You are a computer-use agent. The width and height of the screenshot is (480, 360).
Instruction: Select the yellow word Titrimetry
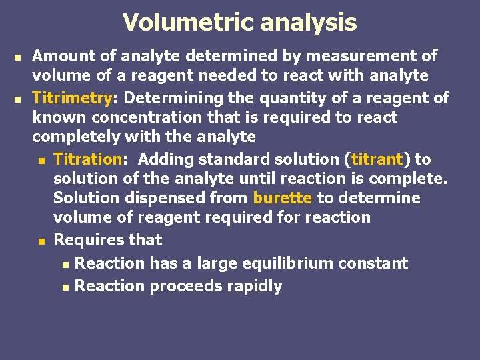pos(71,99)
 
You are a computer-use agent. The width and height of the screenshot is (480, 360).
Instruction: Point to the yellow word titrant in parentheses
pos(377,159)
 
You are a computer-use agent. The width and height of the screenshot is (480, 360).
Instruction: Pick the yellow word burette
pos(282,198)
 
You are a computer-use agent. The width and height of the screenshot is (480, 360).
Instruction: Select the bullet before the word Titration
pos(41,161)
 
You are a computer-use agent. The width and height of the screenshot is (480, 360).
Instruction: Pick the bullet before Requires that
pos(41,241)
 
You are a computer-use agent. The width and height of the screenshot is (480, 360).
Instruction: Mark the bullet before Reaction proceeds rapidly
pos(64,287)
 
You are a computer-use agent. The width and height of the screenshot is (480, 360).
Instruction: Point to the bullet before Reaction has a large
pos(64,265)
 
